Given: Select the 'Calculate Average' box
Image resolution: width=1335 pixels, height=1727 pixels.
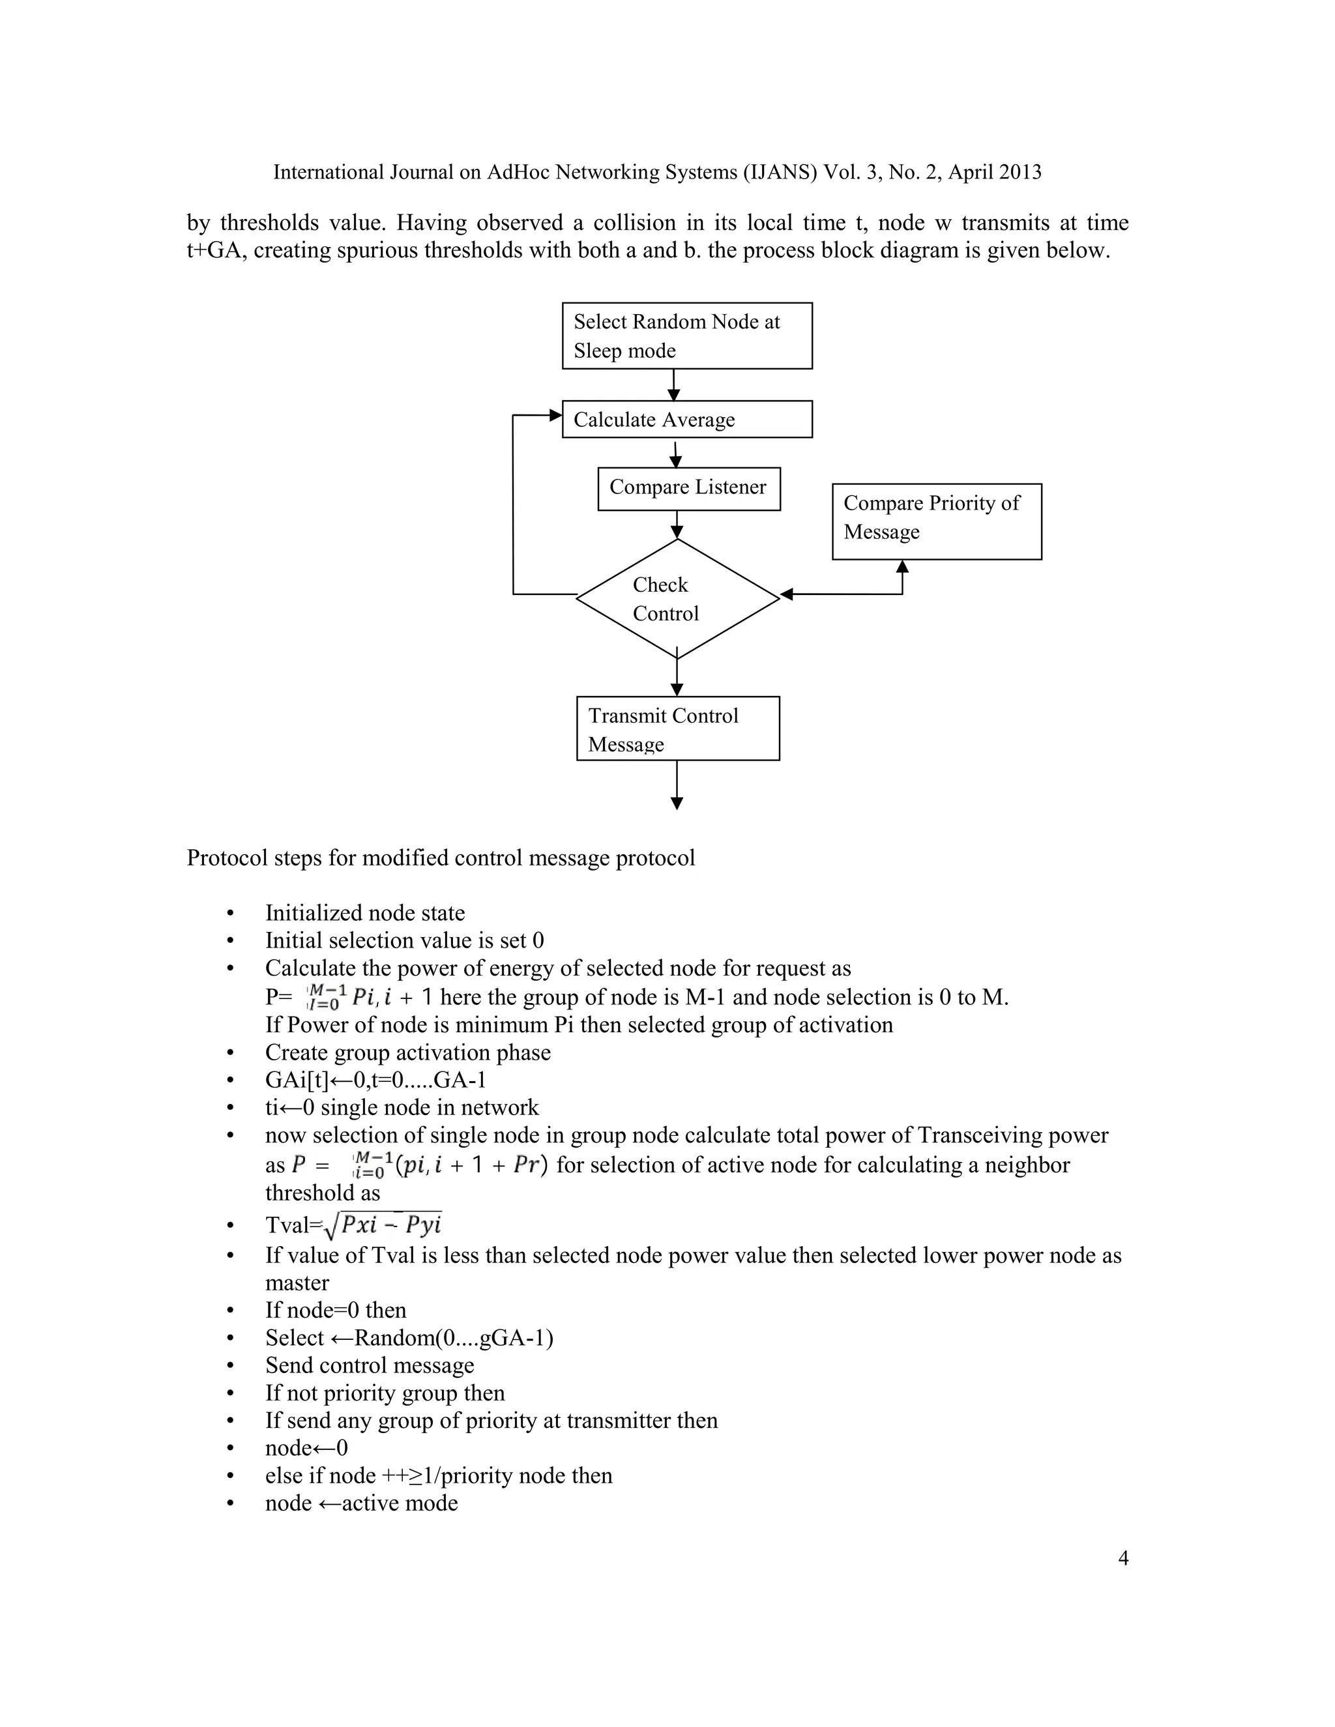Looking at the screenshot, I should click(686, 419).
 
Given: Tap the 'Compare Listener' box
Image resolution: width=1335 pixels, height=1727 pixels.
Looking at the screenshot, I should click(688, 488).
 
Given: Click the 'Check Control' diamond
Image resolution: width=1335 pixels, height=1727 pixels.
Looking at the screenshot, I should click(677, 599).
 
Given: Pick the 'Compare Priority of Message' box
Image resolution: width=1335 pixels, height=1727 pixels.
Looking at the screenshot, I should click(937, 521).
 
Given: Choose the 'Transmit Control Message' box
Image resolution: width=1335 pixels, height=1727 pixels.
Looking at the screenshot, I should click(677, 729).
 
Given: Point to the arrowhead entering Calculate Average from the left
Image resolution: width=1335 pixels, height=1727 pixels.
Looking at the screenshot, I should click(556, 415).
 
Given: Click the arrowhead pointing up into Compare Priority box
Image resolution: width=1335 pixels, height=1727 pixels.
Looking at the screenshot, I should click(902, 566).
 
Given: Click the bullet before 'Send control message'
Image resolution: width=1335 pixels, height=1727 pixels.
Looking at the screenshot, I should click(230, 1365).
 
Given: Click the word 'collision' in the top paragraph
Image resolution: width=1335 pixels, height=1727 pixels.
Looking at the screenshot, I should click(634, 223).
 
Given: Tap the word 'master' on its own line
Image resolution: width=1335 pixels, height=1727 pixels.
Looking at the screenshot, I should click(297, 1283).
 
